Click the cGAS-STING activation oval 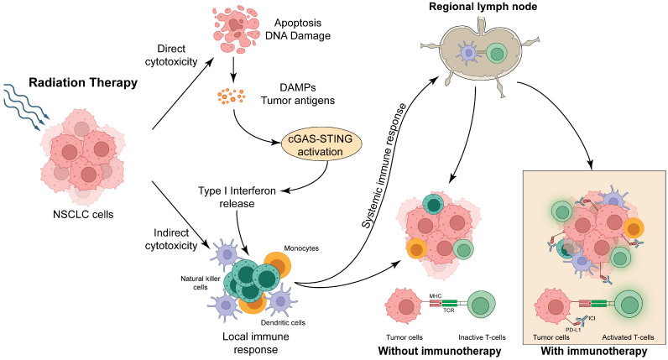click(321, 145)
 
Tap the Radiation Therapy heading click(83, 82)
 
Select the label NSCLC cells click(83, 214)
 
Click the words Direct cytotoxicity click(171, 55)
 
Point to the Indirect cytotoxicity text click(171, 239)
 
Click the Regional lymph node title click(483, 7)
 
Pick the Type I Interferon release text click(237, 197)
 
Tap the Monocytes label click(301, 248)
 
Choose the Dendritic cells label click(283, 322)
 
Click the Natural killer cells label click(201, 283)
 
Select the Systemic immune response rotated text click(384, 165)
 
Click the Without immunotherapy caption click(440, 351)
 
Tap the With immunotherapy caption click(594, 351)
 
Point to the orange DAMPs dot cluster click(231, 96)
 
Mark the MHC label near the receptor click(436, 296)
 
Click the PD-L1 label click(573, 329)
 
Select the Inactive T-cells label click(482, 337)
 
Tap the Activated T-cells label click(628, 337)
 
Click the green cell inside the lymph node click(496, 54)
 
